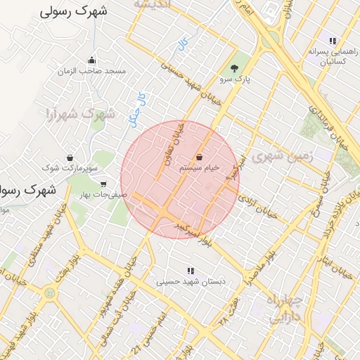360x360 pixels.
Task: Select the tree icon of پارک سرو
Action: [x=234, y=69]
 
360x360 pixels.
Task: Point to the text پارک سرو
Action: [x=235, y=79]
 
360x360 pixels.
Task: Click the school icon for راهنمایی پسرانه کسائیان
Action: [x=333, y=41]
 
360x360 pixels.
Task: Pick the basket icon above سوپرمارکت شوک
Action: [x=70, y=158]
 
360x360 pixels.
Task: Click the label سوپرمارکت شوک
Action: [x=70, y=169]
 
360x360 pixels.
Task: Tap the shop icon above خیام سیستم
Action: [x=201, y=157]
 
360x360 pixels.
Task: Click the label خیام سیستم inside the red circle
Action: [x=200, y=168]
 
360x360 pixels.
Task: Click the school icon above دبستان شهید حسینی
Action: [x=190, y=271]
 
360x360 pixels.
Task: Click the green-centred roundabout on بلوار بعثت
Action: [x=49, y=293]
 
